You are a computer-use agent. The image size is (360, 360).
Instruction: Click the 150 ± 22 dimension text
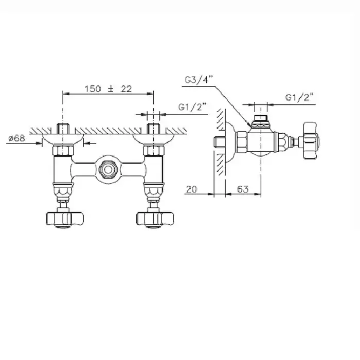click(x=108, y=89)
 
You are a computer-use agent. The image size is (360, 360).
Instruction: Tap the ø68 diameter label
click(x=16, y=139)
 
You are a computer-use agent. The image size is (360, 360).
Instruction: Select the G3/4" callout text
click(x=199, y=80)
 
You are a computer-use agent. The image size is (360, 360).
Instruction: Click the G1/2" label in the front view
click(x=192, y=107)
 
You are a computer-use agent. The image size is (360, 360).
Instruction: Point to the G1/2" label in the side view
click(x=299, y=97)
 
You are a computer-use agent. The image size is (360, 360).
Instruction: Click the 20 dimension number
click(x=191, y=189)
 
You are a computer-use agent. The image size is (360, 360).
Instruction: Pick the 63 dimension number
click(x=243, y=189)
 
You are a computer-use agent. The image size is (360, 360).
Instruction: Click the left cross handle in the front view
click(x=65, y=219)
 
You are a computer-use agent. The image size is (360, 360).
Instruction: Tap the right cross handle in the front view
click(x=155, y=219)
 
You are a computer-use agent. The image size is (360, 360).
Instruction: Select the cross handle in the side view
click(x=311, y=140)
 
